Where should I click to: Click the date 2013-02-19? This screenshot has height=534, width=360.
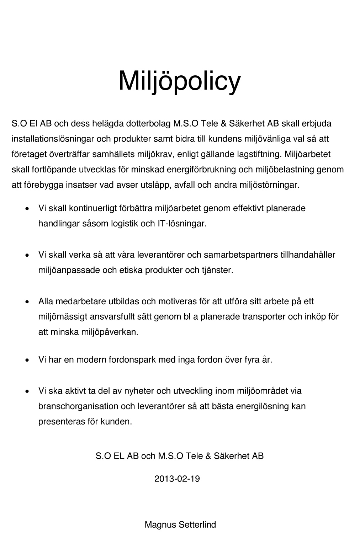coord(177,479)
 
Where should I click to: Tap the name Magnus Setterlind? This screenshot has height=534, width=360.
coord(180,525)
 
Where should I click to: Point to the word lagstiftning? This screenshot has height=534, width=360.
coord(259,154)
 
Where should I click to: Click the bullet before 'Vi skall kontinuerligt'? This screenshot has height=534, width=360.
coord(27,209)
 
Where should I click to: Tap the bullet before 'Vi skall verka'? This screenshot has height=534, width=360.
coord(27,255)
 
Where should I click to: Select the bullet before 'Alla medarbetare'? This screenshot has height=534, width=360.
coord(27,302)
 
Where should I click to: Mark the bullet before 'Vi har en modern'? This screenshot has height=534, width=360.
coord(27,360)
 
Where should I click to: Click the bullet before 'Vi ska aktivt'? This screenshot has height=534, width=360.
coord(27,391)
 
